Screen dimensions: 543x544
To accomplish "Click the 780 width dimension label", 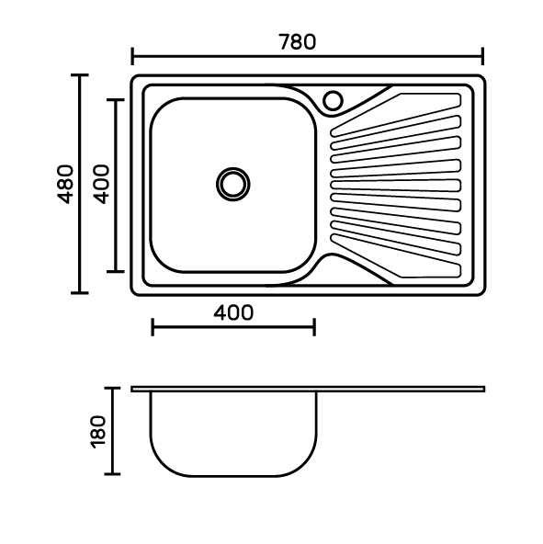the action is [298, 42].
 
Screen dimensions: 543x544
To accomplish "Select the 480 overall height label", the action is [65, 184].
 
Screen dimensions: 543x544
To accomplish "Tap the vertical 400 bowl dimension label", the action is [101, 184].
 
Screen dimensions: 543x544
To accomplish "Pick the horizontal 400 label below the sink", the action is [233, 312].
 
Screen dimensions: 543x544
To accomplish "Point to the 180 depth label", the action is [98, 432].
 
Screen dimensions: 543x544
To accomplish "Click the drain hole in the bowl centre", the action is [232, 184].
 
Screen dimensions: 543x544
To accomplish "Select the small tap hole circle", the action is [333, 100].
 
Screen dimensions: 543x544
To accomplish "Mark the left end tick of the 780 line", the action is [132, 56].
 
